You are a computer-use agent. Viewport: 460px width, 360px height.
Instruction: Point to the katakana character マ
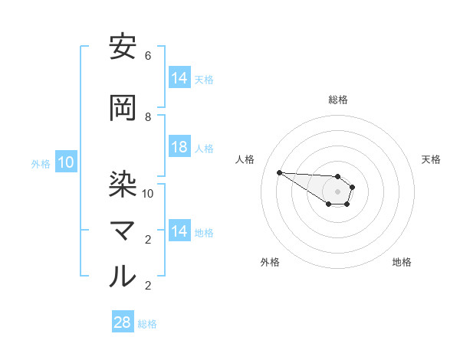(123, 231)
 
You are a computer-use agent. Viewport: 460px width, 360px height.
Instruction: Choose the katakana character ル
(123, 277)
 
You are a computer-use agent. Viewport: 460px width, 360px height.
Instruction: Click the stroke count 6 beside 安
(148, 56)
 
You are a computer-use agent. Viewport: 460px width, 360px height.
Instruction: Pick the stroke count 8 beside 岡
(148, 117)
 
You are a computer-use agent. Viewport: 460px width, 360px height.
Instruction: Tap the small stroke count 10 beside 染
(148, 193)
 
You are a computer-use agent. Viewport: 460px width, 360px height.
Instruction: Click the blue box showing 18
(179, 147)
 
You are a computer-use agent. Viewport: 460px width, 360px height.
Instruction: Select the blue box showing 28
(123, 322)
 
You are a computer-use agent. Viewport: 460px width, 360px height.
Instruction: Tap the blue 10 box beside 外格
(66, 162)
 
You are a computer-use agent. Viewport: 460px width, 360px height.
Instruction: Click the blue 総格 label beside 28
(147, 324)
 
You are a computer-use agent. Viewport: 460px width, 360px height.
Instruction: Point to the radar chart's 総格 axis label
(338, 100)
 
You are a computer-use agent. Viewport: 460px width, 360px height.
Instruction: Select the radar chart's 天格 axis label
(431, 159)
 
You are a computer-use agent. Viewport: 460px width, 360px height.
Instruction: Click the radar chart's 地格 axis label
(402, 262)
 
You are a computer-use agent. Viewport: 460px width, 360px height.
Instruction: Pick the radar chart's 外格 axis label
(270, 262)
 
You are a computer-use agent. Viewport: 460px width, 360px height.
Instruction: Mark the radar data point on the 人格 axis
(279, 172)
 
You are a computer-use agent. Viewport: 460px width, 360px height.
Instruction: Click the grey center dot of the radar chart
(337, 191)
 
